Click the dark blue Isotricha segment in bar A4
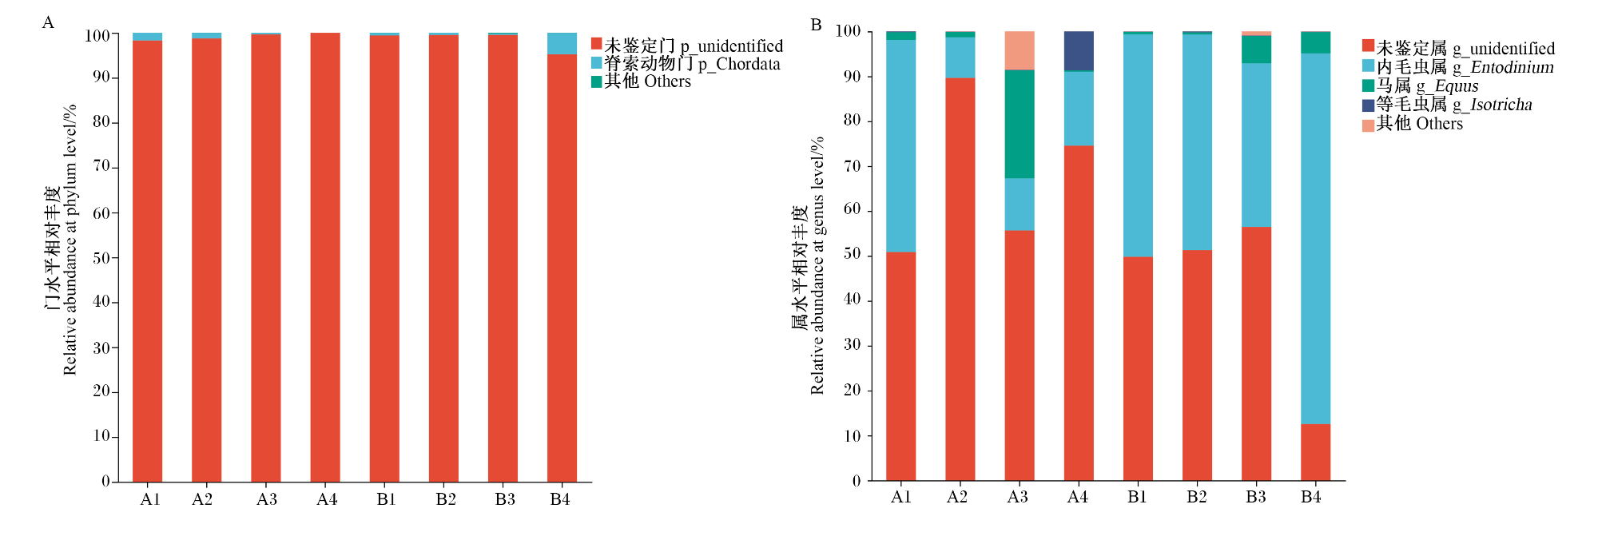coord(1079,50)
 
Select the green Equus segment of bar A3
coord(1020,124)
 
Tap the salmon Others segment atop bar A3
coord(1020,50)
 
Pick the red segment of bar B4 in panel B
coord(1315,452)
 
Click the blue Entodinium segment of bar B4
coord(1315,239)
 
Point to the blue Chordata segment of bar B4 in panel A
coord(562,43)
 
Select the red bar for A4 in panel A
coord(325,257)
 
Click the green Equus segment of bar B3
coord(1256,50)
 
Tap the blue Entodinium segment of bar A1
coord(901,146)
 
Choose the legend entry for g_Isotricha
coord(1447,105)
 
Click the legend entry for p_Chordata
coord(686,63)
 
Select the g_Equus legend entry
coord(1421,85)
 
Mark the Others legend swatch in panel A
coord(596,81)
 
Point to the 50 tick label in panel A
coord(101,258)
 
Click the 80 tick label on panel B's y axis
coord(852,121)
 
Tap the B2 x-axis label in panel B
coord(1196,497)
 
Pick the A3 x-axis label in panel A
coord(267,499)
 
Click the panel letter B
coord(816,25)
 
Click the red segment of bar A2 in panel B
coord(960,280)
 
